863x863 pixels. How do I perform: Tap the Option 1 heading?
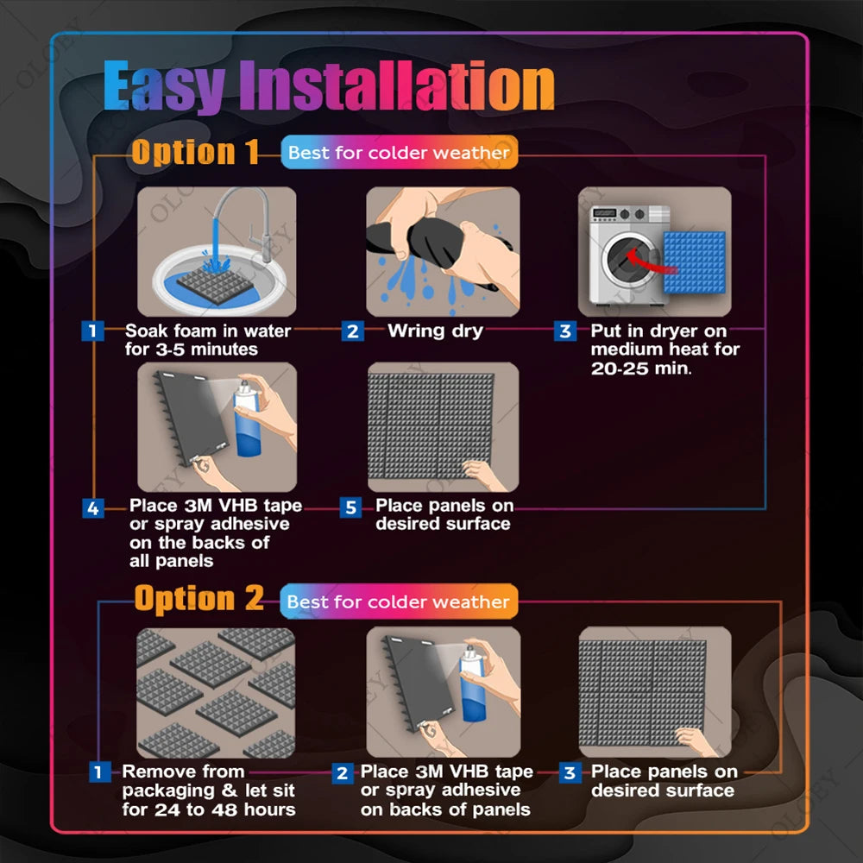click(x=195, y=152)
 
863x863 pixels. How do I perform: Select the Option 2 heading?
click(x=198, y=599)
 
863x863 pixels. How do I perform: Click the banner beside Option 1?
click(x=399, y=153)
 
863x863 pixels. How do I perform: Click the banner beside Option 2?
click(x=399, y=602)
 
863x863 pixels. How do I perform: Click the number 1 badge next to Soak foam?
click(x=92, y=331)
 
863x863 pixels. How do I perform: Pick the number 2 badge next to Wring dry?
click(x=351, y=331)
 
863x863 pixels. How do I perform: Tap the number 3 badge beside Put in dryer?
click(x=565, y=331)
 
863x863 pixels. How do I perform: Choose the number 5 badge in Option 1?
click(x=350, y=507)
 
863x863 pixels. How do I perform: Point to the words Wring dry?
click(x=435, y=331)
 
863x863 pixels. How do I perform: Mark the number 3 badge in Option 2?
click(x=569, y=772)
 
